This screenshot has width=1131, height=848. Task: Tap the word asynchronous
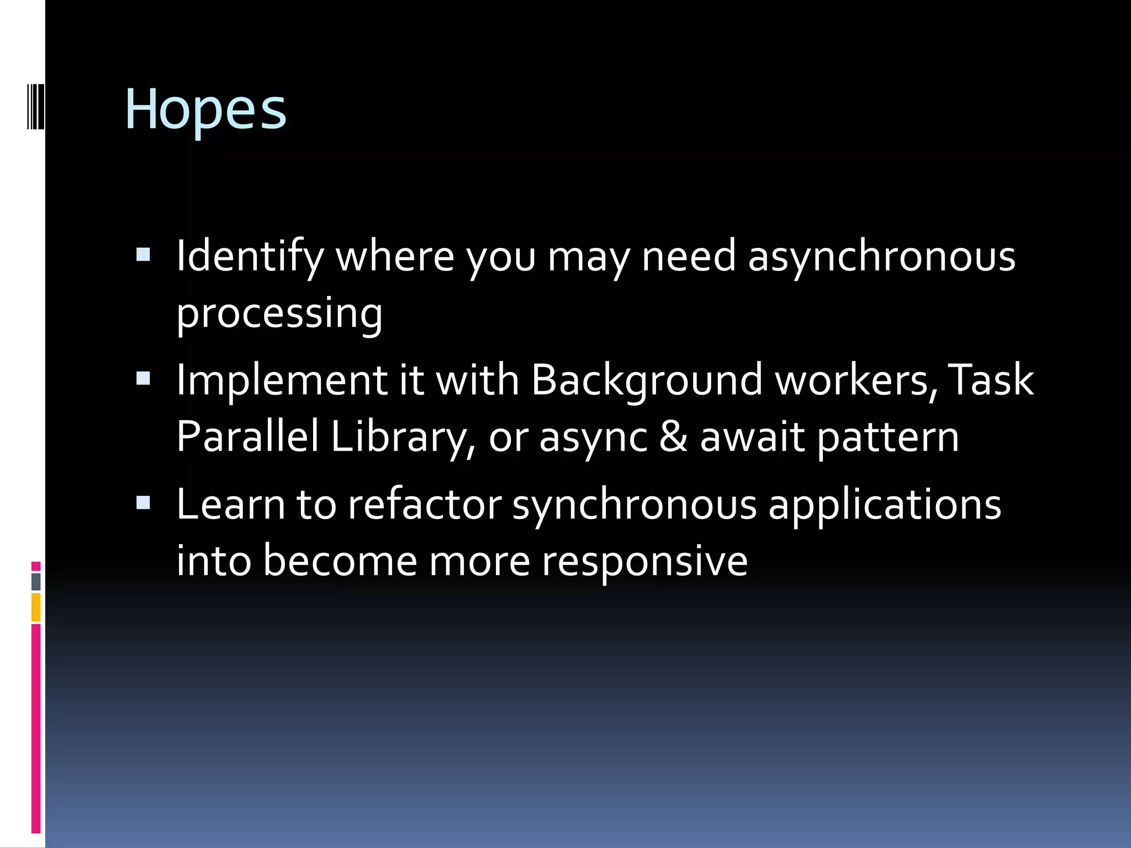[x=881, y=257]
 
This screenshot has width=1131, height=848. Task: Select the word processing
[x=279, y=314]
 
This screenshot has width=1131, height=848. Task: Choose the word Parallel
[x=247, y=436]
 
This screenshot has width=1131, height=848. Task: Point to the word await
[x=752, y=436]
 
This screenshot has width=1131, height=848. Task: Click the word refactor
[x=424, y=505]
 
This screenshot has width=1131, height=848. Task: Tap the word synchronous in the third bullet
[x=634, y=506]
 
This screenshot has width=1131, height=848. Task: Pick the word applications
[x=885, y=506]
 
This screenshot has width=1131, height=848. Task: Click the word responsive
[x=644, y=561]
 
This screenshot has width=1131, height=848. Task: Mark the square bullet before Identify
[x=143, y=255]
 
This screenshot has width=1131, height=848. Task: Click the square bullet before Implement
[x=143, y=378]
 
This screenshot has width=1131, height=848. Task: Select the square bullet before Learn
[x=143, y=502]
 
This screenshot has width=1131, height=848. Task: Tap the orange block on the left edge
[x=36, y=607]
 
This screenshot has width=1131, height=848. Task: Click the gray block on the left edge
[x=36, y=582]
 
